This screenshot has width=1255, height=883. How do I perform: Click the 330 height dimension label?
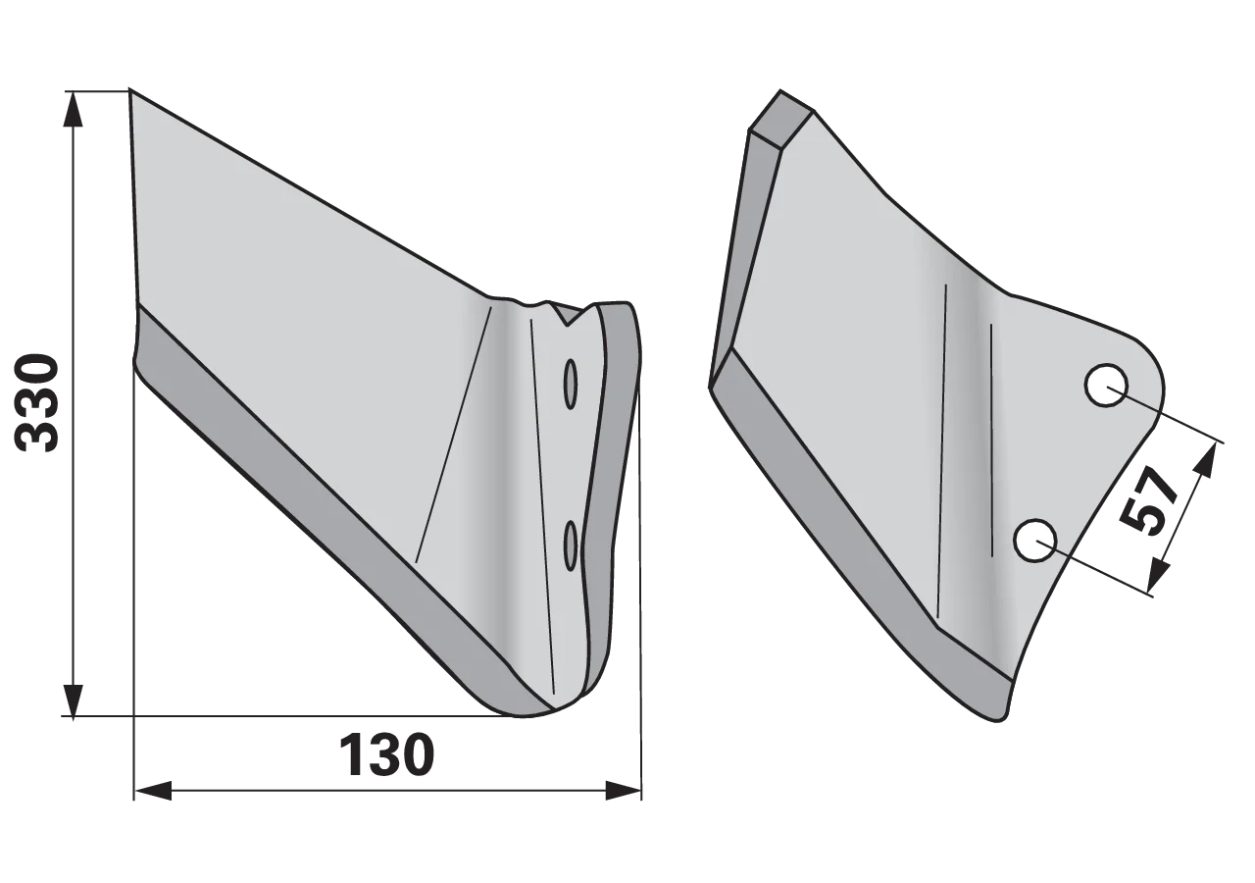[36, 402]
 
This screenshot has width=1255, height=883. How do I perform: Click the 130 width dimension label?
[387, 754]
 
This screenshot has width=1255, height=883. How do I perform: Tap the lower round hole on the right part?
[1035, 541]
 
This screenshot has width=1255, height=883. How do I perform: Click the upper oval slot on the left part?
[571, 384]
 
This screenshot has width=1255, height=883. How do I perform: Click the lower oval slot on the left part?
[571, 545]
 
